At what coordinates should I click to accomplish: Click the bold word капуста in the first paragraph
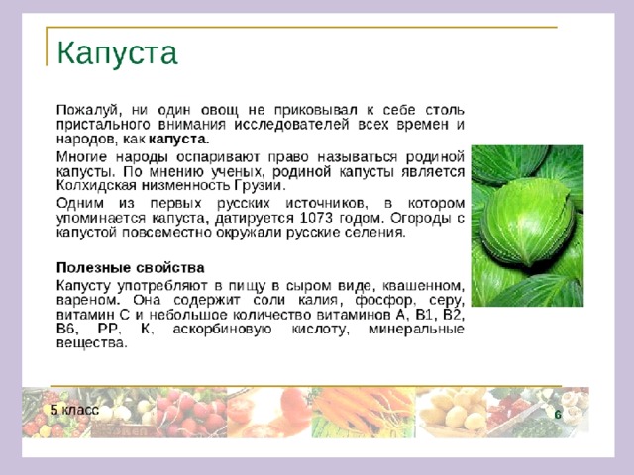click(x=179, y=139)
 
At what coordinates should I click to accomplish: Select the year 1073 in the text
click(x=317, y=218)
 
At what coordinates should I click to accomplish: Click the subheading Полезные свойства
click(x=131, y=268)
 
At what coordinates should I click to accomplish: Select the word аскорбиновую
click(x=222, y=330)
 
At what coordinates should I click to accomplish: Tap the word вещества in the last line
click(x=92, y=343)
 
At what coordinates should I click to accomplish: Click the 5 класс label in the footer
click(x=75, y=410)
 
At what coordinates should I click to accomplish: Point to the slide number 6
click(x=558, y=415)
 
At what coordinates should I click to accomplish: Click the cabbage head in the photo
click(x=527, y=222)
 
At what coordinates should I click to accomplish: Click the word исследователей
click(x=291, y=125)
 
